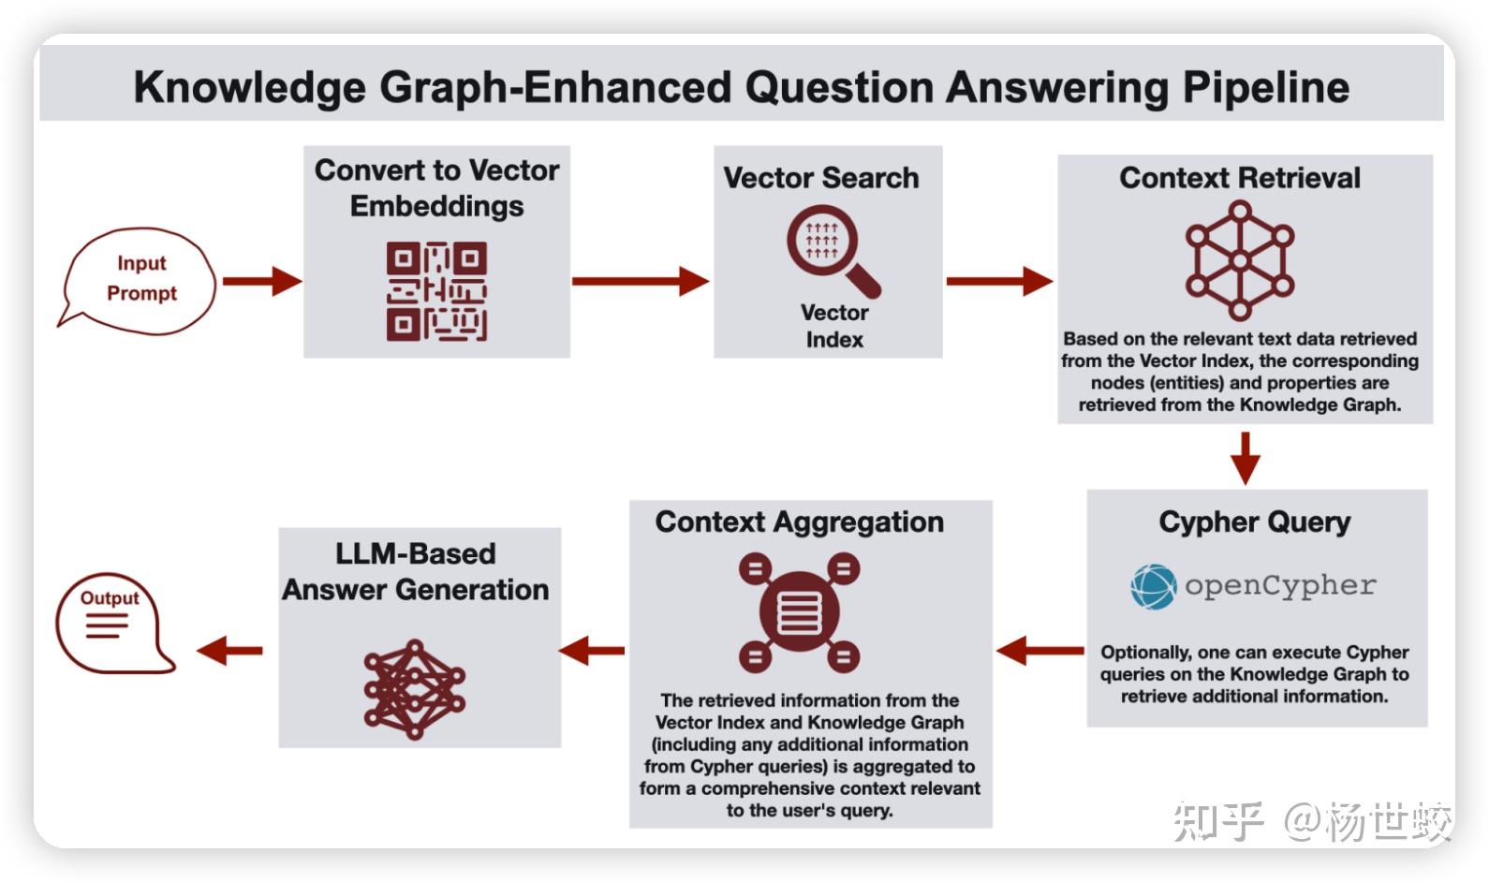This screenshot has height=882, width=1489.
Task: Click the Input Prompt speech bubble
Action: (139, 279)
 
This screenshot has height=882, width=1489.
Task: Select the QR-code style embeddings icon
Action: (436, 291)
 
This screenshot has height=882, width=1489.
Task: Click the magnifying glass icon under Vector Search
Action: (831, 249)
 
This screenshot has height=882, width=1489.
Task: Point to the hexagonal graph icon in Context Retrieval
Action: (1240, 260)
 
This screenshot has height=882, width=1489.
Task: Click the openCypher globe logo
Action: (1153, 587)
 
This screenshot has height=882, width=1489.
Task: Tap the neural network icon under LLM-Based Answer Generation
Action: (414, 689)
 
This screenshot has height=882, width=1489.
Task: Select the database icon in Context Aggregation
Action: (799, 611)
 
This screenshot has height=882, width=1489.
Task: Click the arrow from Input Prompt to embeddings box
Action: (261, 280)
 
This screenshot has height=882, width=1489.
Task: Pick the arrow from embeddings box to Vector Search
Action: (640, 281)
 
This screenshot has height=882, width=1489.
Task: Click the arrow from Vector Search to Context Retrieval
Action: (998, 281)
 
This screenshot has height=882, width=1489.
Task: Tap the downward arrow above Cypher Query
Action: (1245, 457)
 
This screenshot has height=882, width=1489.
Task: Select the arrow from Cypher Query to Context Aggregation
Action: (1039, 650)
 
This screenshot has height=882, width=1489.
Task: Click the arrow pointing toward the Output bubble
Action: (229, 650)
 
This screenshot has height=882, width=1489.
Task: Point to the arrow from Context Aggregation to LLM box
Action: (592, 650)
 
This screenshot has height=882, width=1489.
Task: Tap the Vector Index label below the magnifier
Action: (833, 326)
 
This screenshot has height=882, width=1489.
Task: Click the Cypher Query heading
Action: (1254, 522)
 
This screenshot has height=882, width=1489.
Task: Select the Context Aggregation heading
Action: (799, 522)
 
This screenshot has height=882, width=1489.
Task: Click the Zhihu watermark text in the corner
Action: (1312, 822)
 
